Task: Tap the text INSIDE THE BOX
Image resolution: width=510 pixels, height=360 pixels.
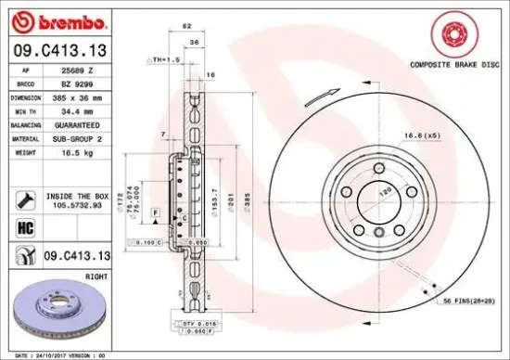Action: click(x=77, y=196)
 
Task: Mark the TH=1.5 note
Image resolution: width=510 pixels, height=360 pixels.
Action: click(x=162, y=58)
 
